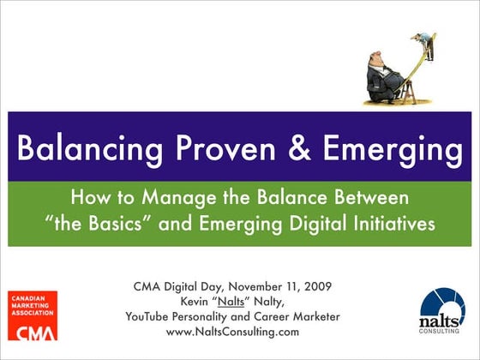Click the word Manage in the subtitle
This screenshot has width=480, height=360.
tap(171, 199)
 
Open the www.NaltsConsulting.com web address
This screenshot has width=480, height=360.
tap(232, 332)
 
